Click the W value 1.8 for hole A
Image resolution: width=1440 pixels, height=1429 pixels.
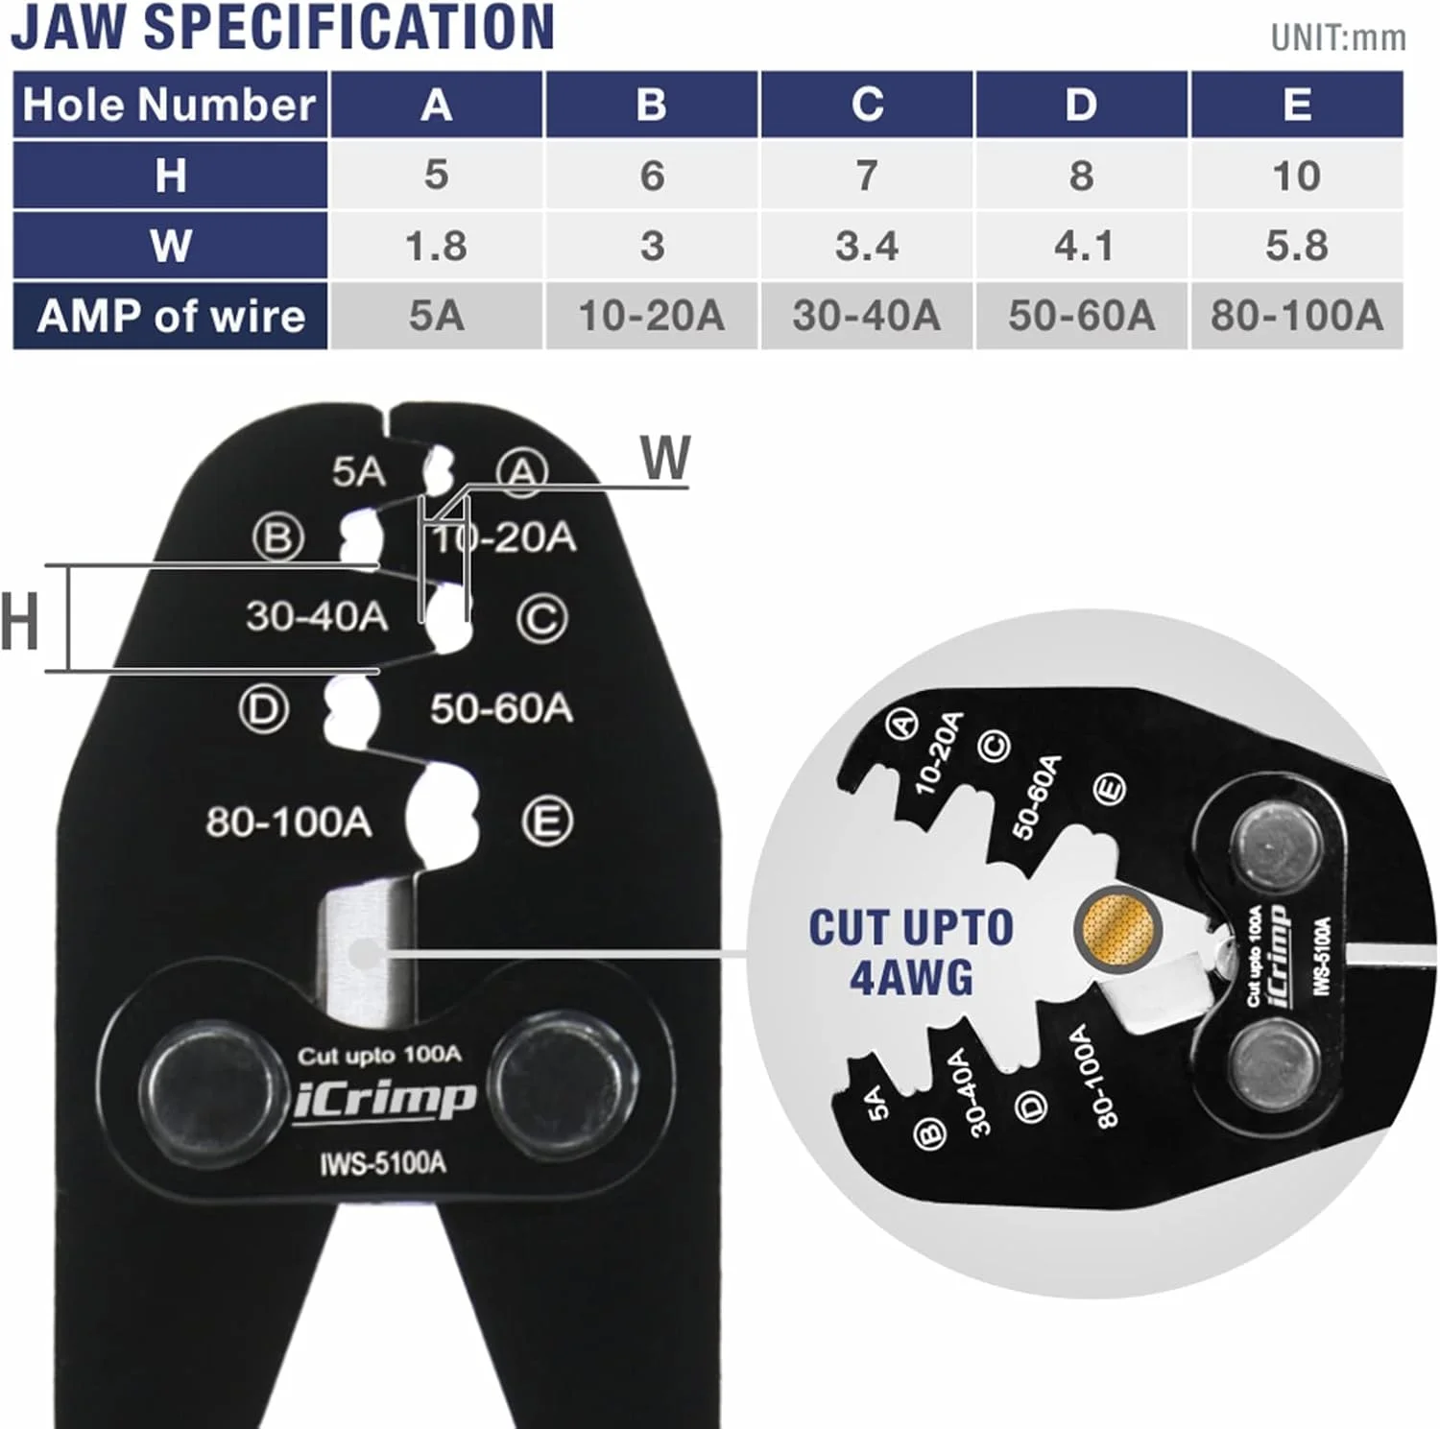point(436,246)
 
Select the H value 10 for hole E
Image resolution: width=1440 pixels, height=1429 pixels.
point(1296,176)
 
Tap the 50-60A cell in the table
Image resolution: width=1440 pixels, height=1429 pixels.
point(1081,316)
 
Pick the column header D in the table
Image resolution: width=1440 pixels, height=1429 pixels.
point(1081,104)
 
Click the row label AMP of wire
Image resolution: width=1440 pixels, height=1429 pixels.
point(171,316)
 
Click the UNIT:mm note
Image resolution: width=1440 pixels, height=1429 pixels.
point(1337,38)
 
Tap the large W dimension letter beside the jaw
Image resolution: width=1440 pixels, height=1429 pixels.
point(665,458)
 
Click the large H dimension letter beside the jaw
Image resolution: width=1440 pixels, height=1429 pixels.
point(19,621)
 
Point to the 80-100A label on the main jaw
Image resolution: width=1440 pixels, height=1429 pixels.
point(288,822)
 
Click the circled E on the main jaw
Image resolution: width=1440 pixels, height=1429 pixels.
point(547,822)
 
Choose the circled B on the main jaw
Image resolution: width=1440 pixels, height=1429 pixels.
point(278,537)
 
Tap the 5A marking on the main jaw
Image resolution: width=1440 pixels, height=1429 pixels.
point(358,471)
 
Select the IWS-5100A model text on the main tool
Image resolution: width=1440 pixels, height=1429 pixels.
point(382,1163)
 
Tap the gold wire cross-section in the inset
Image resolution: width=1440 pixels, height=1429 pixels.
point(1117,928)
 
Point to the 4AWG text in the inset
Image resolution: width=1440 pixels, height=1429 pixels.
point(910,978)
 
